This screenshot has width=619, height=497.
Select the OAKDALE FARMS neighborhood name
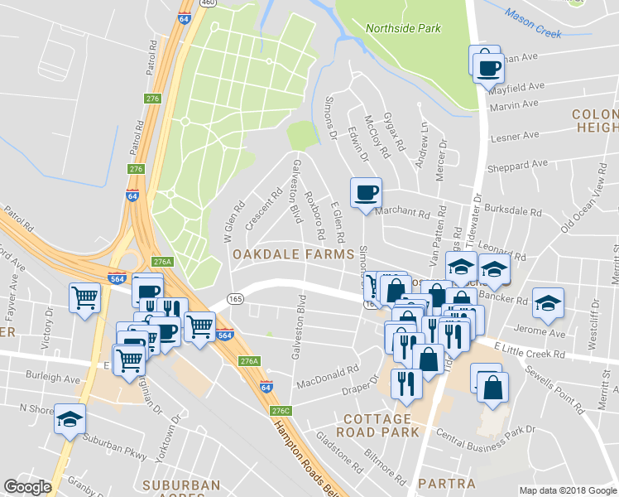coord(293,253)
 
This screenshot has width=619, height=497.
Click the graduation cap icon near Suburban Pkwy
coord(70,419)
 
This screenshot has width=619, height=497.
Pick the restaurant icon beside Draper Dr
coord(405,384)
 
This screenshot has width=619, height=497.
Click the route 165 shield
coord(235,298)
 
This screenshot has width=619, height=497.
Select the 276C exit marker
coord(281,411)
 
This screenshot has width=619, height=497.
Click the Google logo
coord(27,487)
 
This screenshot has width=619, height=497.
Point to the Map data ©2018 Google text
coord(568,490)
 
